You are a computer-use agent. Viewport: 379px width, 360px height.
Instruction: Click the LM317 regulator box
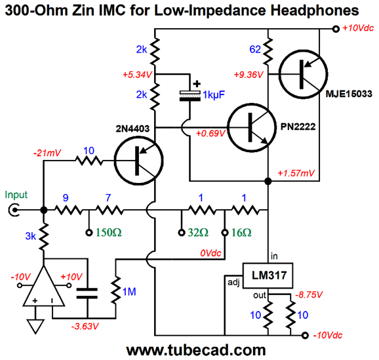[x=268, y=275]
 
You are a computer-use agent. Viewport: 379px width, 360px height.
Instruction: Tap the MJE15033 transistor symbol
[x=304, y=74]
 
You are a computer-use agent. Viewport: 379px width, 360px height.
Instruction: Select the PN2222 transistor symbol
[x=252, y=127]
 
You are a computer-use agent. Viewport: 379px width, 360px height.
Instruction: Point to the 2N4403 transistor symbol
[x=139, y=161]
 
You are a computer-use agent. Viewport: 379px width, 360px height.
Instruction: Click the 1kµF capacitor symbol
[x=190, y=96]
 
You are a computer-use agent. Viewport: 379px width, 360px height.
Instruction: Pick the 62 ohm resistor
[x=268, y=51]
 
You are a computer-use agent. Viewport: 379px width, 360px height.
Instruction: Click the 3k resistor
[x=44, y=237]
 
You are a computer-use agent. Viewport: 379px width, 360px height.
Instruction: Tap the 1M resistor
[x=116, y=290]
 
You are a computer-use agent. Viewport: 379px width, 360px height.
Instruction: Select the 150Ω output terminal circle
[x=89, y=233]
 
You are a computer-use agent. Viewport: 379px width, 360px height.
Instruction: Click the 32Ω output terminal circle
[x=182, y=233]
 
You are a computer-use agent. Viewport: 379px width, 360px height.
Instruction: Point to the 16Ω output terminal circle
[x=225, y=233]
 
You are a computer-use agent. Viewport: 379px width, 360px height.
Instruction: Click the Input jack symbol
[x=14, y=210]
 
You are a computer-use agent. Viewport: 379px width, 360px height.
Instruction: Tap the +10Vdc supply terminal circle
[x=336, y=29]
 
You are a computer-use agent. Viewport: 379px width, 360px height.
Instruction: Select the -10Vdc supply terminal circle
[x=306, y=335]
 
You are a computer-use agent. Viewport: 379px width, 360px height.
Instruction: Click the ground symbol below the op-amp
[x=35, y=327]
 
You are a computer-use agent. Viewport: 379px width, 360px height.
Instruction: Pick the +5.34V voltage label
[x=137, y=75]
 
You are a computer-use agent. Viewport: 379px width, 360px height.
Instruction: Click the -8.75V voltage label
[x=309, y=294]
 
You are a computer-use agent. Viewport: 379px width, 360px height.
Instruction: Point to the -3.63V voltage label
[x=85, y=327]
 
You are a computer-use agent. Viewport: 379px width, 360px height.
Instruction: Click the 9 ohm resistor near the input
[x=69, y=210]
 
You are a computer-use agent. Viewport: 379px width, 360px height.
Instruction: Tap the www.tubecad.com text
[x=196, y=350]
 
